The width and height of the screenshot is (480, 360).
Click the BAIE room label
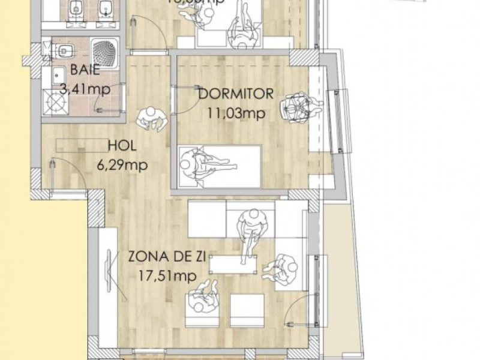click(85, 68)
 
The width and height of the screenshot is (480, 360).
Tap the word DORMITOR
click(235, 94)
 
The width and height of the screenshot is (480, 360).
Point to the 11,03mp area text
click(235, 112)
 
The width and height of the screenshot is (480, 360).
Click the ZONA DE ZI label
click(167, 257)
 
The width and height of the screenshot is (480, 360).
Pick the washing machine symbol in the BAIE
click(56, 103)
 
